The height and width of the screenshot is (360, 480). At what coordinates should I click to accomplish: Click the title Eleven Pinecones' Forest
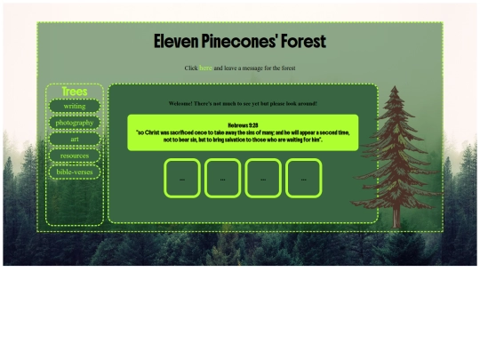point(240,42)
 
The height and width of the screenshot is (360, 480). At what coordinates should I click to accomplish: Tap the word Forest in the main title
point(305,42)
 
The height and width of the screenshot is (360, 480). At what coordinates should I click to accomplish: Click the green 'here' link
point(205,68)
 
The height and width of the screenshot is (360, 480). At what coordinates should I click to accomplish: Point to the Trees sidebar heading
point(75,92)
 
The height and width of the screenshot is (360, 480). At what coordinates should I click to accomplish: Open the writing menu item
point(75,107)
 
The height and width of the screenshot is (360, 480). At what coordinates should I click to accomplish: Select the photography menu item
point(75,123)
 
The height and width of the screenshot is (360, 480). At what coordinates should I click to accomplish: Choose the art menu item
point(75,139)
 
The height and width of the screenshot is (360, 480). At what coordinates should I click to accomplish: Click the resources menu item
point(75,156)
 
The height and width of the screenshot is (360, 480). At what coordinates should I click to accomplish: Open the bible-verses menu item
point(75,172)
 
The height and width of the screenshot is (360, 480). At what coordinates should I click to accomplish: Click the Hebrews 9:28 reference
point(243,125)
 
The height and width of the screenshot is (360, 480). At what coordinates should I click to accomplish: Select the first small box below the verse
point(182,178)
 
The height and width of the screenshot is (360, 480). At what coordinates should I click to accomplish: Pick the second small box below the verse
point(222,178)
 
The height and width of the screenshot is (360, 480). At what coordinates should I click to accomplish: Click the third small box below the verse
point(263,178)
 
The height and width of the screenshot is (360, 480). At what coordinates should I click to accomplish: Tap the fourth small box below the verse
point(303,178)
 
